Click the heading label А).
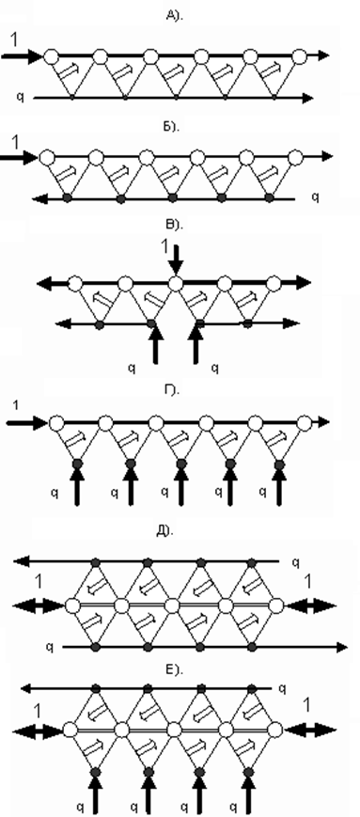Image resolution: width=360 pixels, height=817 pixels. [x=171, y=16]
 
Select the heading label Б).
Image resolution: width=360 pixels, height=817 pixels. [x=171, y=127]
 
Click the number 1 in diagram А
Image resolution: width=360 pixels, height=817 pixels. [x=14, y=40]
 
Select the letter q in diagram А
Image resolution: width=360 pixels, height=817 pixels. [x=20, y=96]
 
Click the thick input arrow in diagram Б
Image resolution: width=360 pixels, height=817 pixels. [x=20, y=156]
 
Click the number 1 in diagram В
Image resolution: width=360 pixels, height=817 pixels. [x=165, y=247]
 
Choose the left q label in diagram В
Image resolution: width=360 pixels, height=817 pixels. [x=132, y=368]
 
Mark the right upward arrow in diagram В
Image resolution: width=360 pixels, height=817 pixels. [x=196, y=342]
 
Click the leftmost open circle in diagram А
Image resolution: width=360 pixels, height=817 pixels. [x=51, y=55]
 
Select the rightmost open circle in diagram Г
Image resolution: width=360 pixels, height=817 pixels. [x=305, y=422]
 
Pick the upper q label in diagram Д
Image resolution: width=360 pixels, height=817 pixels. [x=295, y=561]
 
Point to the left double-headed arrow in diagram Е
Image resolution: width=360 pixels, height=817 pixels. [x=37, y=730]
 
